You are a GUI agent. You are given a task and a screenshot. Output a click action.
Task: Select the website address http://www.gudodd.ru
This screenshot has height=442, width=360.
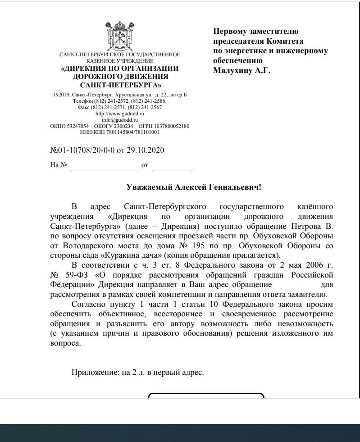[119, 114]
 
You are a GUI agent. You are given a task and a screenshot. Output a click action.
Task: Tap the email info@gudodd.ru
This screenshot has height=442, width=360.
[119, 120]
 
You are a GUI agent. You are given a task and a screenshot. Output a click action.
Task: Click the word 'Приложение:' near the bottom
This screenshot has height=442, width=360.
[91, 373]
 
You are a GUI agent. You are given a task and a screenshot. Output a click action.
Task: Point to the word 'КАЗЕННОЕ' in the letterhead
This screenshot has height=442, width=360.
[102, 60]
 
